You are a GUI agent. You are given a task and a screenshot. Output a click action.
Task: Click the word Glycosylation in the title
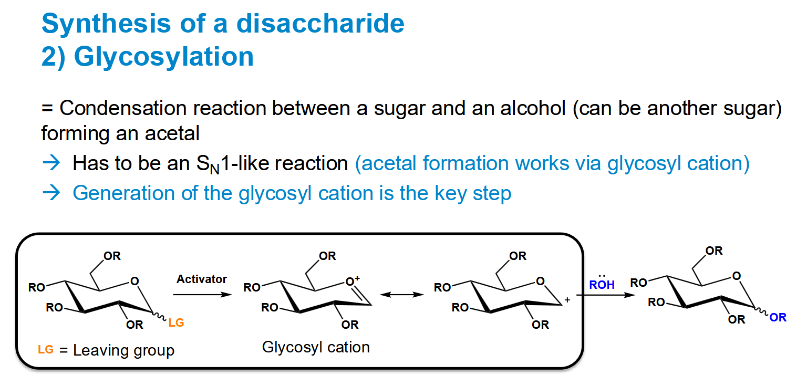[x=164, y=56]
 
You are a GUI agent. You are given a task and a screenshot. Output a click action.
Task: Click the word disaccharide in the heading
[x=320, y=23]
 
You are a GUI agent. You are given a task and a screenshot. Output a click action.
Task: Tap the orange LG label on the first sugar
[x=176, y=322]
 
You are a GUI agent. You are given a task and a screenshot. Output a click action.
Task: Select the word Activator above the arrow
[x=201, y=279]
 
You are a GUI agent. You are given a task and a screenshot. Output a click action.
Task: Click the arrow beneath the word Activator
[x=202, y=295]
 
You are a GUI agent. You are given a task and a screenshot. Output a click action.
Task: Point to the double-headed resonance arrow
[x=402, y=295]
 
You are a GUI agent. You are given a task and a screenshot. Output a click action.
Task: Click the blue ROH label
[x=601, y=285]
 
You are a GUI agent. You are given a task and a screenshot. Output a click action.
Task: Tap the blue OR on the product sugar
[x=778, y=317]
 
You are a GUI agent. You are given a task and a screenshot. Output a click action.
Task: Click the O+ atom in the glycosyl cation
[x=353, y=281]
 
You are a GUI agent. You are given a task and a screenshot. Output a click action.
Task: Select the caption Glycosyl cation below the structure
[x=316, y=347]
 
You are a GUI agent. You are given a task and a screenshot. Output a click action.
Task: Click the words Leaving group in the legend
[x=123, y=350]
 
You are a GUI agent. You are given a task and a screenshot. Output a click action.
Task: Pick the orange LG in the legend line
[x=46, y=349]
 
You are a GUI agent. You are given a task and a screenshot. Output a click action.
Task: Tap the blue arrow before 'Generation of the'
[x=51, y=192]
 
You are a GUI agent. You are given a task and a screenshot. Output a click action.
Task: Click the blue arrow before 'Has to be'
[x=51, y=163]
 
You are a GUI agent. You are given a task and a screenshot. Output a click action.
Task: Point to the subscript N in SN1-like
[x=214, y=169]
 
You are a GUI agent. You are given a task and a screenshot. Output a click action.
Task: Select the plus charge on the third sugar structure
[x=567, y=300]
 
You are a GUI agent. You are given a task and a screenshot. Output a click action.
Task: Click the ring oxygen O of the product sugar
[x=737, y=276]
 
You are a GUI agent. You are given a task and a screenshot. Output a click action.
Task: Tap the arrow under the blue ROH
[x=605, y=295]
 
